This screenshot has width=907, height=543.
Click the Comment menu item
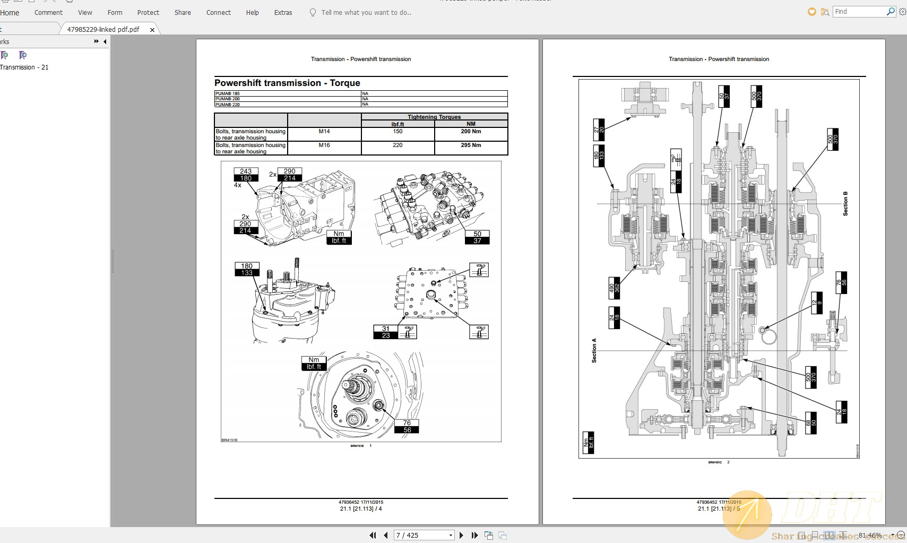pos(48,13)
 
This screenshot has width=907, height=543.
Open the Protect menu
pos(148,13)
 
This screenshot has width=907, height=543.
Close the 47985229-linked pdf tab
pos(152,30)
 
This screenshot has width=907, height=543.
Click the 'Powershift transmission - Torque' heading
pos(287,83)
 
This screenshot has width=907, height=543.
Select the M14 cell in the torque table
pos(324,132)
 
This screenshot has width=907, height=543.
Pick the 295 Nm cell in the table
pos(471,145)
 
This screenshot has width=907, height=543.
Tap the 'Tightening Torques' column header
pos(434,117)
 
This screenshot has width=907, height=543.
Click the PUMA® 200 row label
pos(228,99)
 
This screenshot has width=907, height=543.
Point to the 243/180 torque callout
pos(246,175)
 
